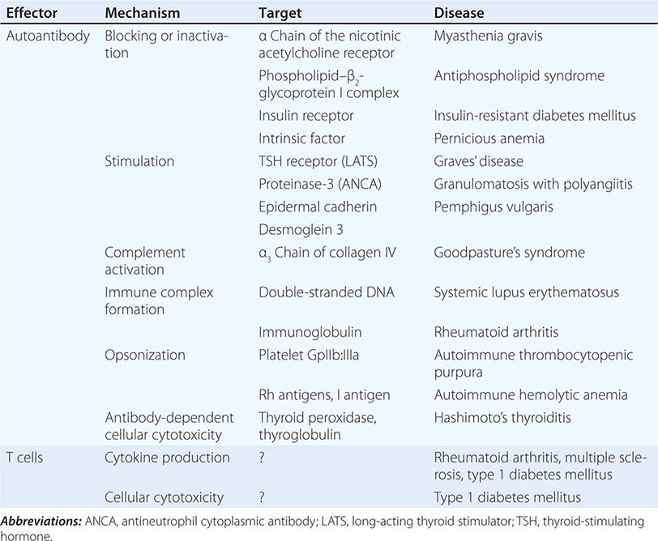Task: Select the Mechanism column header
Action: [x=141, y=14]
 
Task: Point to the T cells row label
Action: [x=28, y=458]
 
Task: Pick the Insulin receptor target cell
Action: [x=305, y=116]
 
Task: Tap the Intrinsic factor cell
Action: [x=301, y=138]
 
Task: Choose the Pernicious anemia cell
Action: [x=489, y=138]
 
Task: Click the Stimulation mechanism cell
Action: [x=139, y=161]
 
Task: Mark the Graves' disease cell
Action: [x=478, y=161]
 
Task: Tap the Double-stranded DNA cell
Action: [x=326, y=291]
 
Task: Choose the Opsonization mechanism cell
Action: [x=145, y=355]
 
